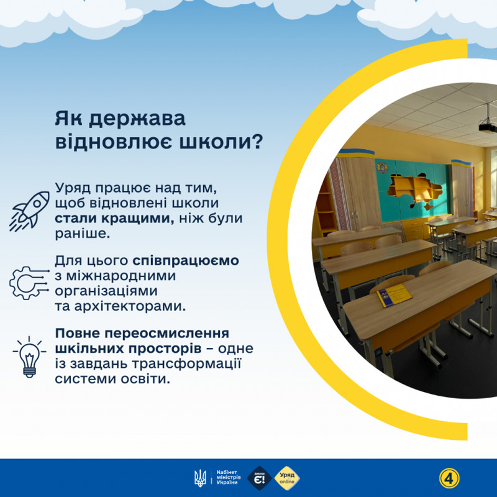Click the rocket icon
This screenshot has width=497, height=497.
(29, 211)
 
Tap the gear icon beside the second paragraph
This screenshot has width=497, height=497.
(29, 283)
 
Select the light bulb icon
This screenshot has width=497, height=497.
(29, 357)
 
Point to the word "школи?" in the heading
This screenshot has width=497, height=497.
(221, 142)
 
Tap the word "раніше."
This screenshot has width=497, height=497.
(83, 234)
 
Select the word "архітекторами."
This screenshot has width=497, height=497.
(130, 306)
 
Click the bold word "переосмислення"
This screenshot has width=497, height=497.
(166, 334)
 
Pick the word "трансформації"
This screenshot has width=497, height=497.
(187, 363)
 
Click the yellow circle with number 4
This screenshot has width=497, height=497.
(449, 478)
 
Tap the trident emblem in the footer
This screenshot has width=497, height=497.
(200, 478)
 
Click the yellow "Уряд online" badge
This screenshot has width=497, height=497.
(286, 478)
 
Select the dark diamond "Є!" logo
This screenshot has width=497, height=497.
(260, 478)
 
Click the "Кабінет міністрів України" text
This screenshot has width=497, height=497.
(228, 477)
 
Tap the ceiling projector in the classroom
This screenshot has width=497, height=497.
(487, 126)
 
